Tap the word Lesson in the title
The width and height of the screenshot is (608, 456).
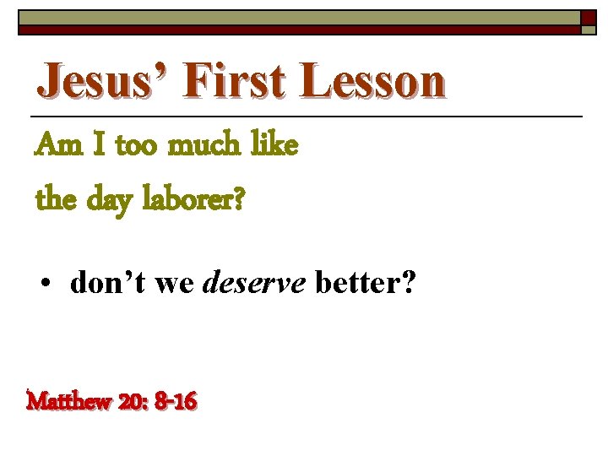372,82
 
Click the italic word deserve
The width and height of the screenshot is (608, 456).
256,285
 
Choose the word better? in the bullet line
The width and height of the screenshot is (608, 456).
364,285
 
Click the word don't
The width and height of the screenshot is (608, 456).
106,285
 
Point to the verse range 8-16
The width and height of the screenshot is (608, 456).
176,401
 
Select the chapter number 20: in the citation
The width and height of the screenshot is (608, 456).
132,401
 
